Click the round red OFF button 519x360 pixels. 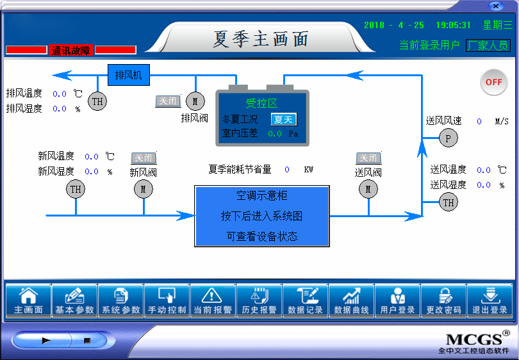pyautogui.click(x=493, y=82)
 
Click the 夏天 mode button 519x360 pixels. pyautogui.click(x=283, y=119)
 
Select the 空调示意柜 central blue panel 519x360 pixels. pyautogui.click(x=262, y=217)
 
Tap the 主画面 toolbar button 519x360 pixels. pyautogui.click(x=29, y=301)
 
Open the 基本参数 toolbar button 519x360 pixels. pyautogui.click(x=75, y=301)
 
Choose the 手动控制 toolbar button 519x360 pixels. pyautogui.click(x=167, y=301)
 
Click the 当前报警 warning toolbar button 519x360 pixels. pyautogui.click(x=213, y=301)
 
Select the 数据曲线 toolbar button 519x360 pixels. pyautogui.click(x=352, y=301)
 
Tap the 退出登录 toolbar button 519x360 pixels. pyautogui.click(x=490, y=301)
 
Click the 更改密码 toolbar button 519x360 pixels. pyautogui.click(x=444, y=301)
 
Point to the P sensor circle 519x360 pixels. pyautogui.click(x=449, y=138)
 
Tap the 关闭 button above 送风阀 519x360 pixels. pyautogui.click(x=368, y=158)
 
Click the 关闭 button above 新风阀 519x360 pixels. pyautogui.click(x=144, y=158)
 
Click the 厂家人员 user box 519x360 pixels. pyautogui.click(x=488, y=45)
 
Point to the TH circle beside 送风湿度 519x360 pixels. pyautogui.click(x=449, y=202)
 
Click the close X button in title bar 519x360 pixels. pyautogui.click(x=495, y=6)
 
